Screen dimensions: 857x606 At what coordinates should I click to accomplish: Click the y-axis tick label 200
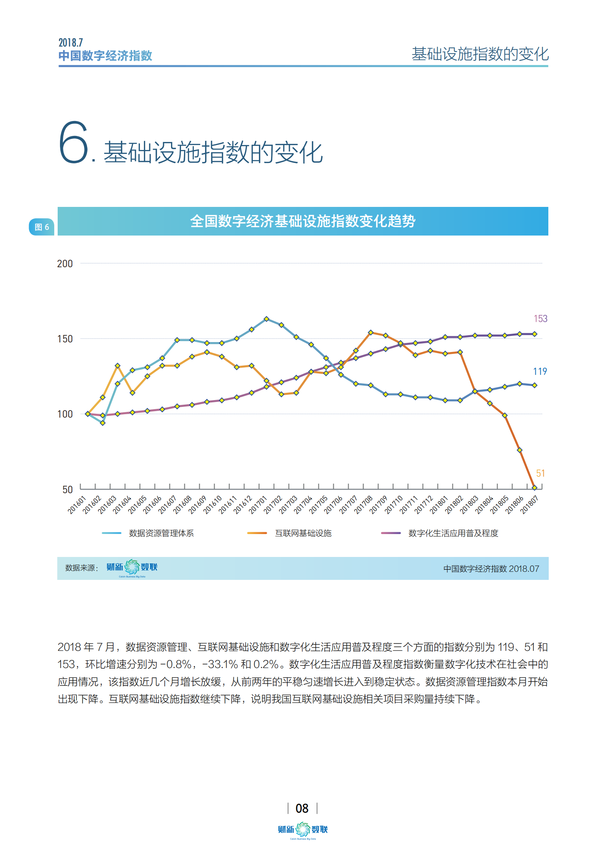tap(65, 264)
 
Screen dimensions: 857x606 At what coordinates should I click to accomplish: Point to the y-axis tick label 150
tap(65, 339)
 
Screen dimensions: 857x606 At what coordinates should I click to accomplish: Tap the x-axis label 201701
tap(258, 505)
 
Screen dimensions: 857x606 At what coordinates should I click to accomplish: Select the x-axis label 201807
tap(530, 505)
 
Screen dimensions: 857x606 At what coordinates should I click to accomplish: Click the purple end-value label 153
tap(540, 319)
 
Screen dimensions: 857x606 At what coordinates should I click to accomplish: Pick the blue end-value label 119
tap(540, 371)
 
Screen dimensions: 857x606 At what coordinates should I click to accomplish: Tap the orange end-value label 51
tap(540, 473)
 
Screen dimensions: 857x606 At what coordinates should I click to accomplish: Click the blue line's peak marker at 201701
tap(267, 319)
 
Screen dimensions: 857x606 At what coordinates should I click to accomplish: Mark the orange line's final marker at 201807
tap(535, 487)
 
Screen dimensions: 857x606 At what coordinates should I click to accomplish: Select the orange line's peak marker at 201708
tap(370, 332)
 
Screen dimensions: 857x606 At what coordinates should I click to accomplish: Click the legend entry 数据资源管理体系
tap(161, 533)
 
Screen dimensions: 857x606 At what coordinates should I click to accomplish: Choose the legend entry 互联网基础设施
tap(303, 533)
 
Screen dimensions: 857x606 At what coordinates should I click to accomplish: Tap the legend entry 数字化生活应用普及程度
tap(453, 533)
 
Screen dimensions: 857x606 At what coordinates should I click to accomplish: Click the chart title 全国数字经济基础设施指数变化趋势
tap(303, 221)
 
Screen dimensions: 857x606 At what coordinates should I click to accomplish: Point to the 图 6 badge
tap(42, 227)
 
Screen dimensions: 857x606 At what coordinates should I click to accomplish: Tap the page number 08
tap(302, 808)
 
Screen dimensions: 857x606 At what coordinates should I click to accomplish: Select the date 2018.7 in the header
tap(71, 42)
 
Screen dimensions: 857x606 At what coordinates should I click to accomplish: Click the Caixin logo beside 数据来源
tap(132, 568)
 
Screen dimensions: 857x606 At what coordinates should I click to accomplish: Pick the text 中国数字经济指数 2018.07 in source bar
tap(491, 569)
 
